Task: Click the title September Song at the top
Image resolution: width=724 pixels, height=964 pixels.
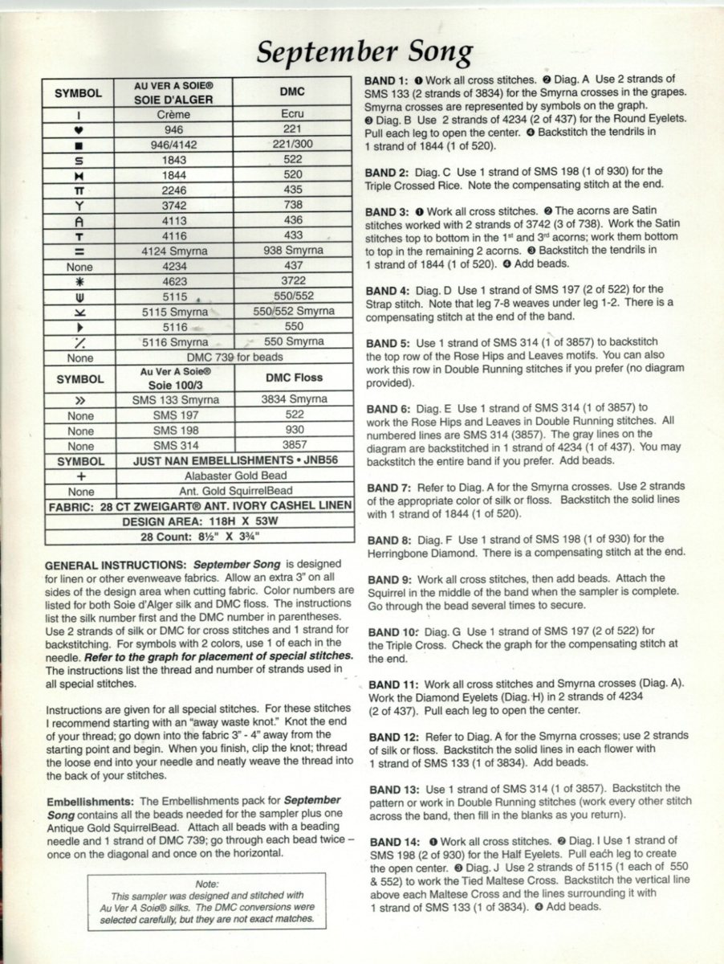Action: [x=364, y=52]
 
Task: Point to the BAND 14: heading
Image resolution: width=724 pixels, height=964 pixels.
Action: [x=389, y=840]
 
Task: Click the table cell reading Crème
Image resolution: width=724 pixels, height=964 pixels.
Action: [x=173, y=114]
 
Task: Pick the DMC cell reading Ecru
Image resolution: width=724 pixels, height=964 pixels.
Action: [x=294, y=114]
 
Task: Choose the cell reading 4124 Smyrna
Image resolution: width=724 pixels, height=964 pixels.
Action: [x=173, y=251]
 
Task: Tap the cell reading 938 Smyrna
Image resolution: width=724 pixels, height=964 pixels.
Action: [x=294, y=251]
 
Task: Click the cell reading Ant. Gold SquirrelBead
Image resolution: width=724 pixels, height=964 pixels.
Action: [x=234, y=490]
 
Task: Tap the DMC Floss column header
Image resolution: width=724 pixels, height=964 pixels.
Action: [x=294, y=378]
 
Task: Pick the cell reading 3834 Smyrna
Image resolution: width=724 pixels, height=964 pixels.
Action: [x=294, y=399]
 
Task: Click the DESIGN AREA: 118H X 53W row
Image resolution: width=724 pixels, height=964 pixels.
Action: [x=198, y=521]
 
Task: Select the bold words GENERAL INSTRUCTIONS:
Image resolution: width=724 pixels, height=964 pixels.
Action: [x=118, y=564]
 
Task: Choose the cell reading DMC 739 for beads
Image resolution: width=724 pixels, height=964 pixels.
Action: [x=234, y=357]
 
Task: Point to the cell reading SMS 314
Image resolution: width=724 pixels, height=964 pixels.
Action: [x=176, y=445]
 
